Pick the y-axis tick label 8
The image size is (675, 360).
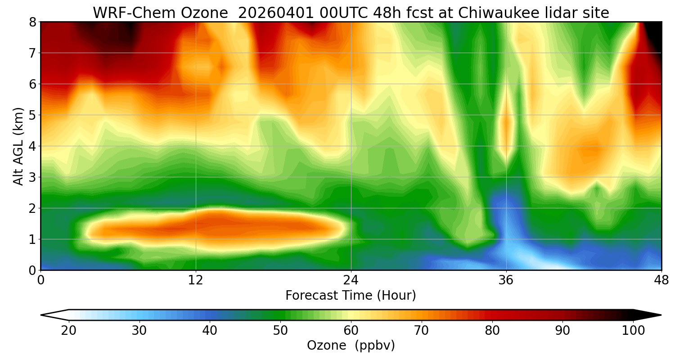coord(32,22)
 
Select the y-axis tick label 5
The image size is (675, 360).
coord(32,115)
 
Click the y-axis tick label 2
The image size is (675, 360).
coord(32,208)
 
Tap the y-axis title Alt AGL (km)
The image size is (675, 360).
coord(18,146)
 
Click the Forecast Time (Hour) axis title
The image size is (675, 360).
coord(351,296)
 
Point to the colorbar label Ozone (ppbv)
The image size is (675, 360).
coord(351,346)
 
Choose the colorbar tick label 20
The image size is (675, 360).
coord(69,331)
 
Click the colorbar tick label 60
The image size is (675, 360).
coord(351,331)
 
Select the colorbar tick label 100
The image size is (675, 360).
coord(633,331)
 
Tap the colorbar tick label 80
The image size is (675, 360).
coord(492,331)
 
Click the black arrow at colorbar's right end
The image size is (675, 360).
coord(648,315)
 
